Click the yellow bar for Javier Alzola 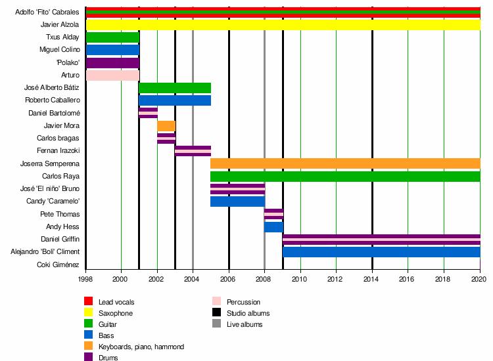283,25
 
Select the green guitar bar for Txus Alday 112,37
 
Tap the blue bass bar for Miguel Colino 112,50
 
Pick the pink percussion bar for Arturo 112,75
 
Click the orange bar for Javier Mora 166,126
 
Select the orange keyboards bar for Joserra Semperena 345,163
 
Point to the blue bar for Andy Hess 273,227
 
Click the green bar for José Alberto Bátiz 175,88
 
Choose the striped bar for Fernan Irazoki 193,151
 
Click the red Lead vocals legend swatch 89,301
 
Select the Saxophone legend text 116,313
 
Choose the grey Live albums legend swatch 217,324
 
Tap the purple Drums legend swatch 89,358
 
